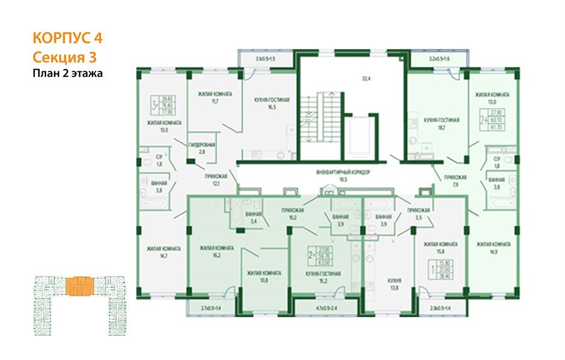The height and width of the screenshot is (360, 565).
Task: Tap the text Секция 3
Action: (63, 58)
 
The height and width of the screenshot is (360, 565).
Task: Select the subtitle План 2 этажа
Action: (68, 74)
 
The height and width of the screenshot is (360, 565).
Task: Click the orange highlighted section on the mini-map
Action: (79, 287)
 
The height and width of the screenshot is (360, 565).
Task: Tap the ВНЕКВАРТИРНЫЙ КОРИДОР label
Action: (343, 175)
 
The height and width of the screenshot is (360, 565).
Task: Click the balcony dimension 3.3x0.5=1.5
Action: (265, 59)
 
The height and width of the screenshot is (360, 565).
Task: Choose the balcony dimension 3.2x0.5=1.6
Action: (440, 59)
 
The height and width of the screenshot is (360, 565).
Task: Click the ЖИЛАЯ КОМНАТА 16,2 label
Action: (216, 250)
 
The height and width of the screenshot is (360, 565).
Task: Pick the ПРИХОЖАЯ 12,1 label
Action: (216, 180)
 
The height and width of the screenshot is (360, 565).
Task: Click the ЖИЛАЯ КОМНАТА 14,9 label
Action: (494, 248)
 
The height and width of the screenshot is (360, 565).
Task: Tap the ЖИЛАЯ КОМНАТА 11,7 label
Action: (207, 98)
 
